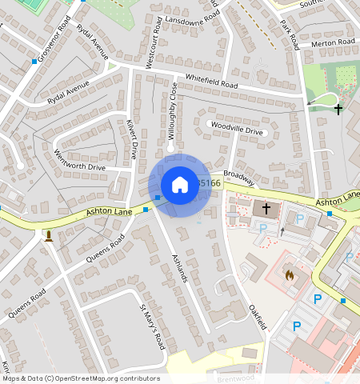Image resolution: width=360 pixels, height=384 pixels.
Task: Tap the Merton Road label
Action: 334,42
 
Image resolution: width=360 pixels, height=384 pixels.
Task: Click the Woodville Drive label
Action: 236,130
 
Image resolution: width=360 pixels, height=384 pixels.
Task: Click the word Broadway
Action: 238,176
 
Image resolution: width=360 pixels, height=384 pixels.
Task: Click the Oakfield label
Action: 256,316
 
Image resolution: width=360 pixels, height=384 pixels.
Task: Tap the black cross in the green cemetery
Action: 338,109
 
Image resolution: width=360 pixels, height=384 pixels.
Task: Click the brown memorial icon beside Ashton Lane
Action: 49,235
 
